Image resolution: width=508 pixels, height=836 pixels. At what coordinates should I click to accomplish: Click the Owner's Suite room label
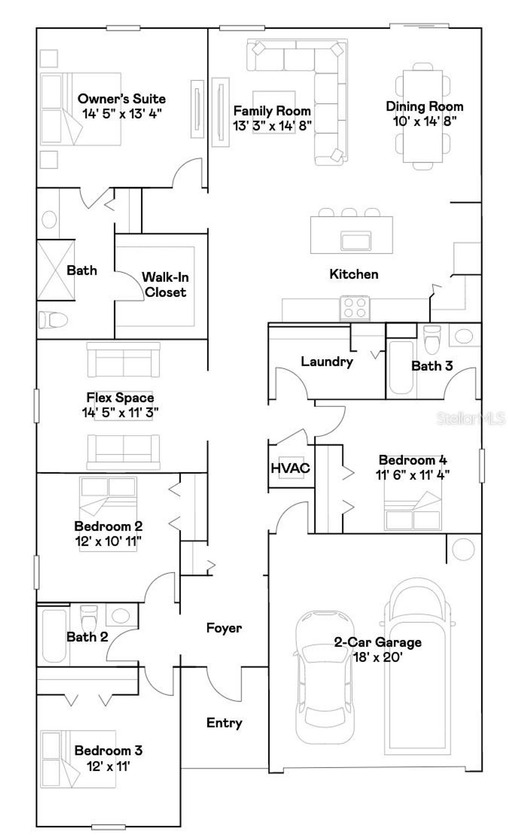tap(122, 99)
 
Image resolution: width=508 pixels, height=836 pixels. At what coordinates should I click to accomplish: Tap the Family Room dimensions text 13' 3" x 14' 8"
tap(272, 126)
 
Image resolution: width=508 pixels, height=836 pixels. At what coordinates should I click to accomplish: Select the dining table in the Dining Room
tap(423, 116)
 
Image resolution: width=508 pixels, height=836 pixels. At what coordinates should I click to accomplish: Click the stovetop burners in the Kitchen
tap(354, 307)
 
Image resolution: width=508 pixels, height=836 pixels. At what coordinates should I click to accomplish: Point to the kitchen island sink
tap(356, 241)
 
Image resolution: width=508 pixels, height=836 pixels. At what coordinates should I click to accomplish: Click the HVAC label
tap(290, 468)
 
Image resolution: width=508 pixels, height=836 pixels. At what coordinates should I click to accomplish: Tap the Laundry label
tap(326, 361)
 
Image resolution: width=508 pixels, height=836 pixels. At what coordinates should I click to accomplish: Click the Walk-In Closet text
tap(165, 285)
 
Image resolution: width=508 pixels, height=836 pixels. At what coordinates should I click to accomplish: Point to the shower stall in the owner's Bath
tap(56, 270)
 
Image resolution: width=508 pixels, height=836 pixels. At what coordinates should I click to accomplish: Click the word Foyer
tap(224, 628)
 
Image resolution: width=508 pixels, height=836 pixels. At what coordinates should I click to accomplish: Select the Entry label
tap(224, 723)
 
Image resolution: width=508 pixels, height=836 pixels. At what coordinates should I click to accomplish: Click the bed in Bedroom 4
tap(413, 511)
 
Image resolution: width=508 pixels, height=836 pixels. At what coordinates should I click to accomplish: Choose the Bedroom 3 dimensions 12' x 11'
tap(108, 766)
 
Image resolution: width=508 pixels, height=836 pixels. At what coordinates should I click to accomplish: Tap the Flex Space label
tap(120, 397)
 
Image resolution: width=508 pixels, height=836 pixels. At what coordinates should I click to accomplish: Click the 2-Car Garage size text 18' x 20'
tap(378, 657)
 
